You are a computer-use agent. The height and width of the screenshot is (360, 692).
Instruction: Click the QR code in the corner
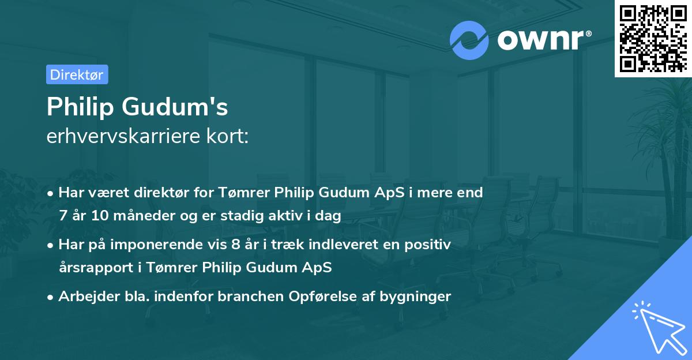click(x=653, y=38)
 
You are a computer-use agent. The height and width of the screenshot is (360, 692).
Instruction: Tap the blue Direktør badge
click(x=77, y=74)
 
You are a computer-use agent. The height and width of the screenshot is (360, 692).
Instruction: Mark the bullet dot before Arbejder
click(x=51, y=297)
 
